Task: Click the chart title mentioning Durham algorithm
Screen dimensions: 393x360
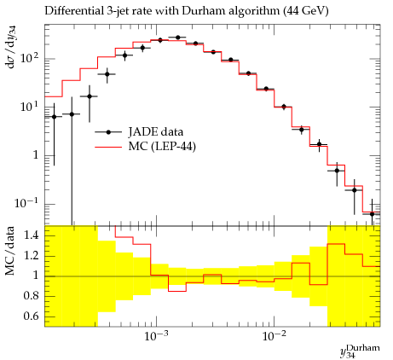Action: (x=187, y=11)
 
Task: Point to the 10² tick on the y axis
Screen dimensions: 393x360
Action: (x=29, y=58)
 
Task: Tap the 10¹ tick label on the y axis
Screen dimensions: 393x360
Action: (x=29, y=107)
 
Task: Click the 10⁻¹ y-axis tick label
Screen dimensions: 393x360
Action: (x=26, y=203)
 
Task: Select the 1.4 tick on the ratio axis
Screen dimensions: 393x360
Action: (x=31, y=235)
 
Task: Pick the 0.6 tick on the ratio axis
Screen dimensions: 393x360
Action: (x=31, y=316)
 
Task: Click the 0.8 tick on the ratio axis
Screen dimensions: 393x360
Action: (x=31, y=296)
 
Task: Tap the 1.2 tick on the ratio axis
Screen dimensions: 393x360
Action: (x=31, y=255)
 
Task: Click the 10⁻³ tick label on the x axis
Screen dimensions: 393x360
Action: (x=155, y=336)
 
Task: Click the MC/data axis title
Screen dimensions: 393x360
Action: (x=9, y=251)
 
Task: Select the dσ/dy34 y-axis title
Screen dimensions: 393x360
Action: (x=11, y=47)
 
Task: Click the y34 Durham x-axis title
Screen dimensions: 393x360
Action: (x=360, y=351)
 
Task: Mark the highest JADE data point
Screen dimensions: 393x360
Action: (x=178, y=38)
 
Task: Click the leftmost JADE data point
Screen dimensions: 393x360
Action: (x=54, y=117)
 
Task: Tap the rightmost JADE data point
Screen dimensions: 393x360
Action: (x=373, y=214)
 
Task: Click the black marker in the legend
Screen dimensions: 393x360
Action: (x=108, y=132)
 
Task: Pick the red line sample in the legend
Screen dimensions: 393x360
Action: (x=108, y=147)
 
